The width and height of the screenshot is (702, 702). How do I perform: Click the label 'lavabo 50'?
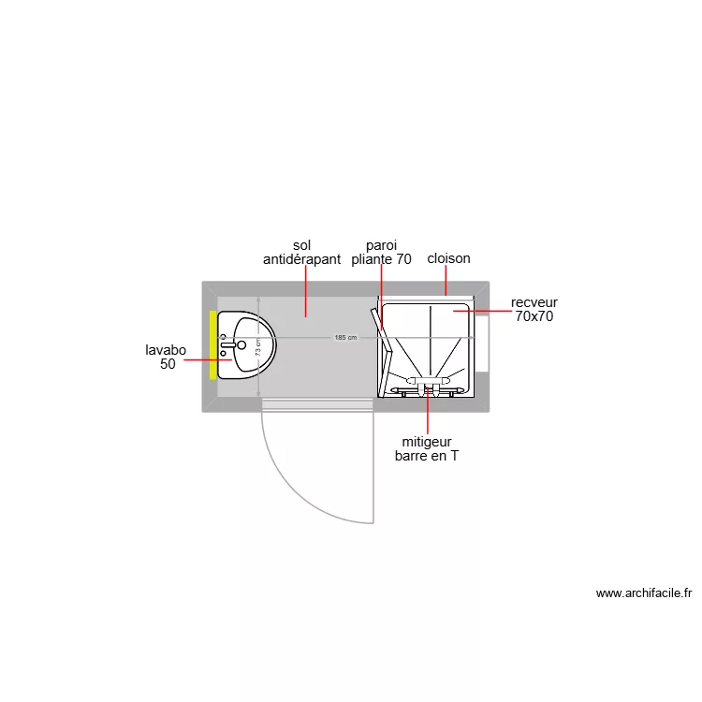(x=166, y=358)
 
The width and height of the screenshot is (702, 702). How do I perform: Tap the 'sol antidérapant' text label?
(x=301, y=253)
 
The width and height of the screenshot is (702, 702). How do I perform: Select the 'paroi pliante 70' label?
(x=381, y=253)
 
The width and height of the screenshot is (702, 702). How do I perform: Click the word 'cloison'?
(x=448, y=258)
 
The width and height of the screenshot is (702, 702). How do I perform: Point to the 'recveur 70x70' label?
(x=534, y=310)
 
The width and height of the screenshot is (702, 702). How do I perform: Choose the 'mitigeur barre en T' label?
(x=427, y=449)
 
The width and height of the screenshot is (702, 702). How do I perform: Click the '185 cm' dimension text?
(x=345, y=337)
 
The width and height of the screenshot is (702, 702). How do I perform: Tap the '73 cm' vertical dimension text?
(x=258, y=346)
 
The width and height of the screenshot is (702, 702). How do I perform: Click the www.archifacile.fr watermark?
(x=643, y=592)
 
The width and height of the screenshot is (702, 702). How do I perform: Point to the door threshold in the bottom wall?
(x=317, y=404)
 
